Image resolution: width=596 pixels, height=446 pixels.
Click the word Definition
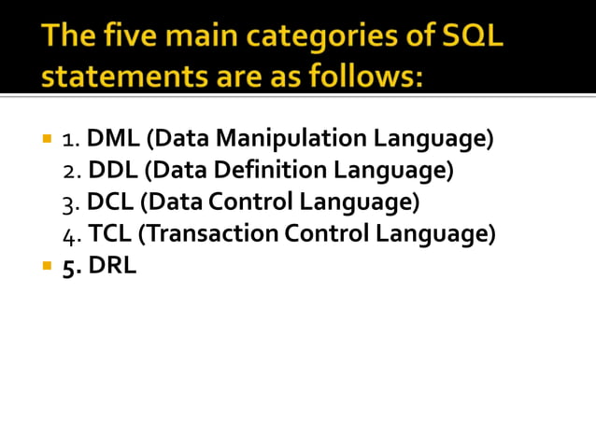tap(276, 171)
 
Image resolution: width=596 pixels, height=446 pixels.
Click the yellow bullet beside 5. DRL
tap(47, 266)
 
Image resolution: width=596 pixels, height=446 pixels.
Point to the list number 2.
tap(70, 172)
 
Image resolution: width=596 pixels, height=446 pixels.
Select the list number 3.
tap(70, 202)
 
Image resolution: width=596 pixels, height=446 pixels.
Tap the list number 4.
tap(70, 234)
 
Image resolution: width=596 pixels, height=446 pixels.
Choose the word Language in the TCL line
tap(439, 233)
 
